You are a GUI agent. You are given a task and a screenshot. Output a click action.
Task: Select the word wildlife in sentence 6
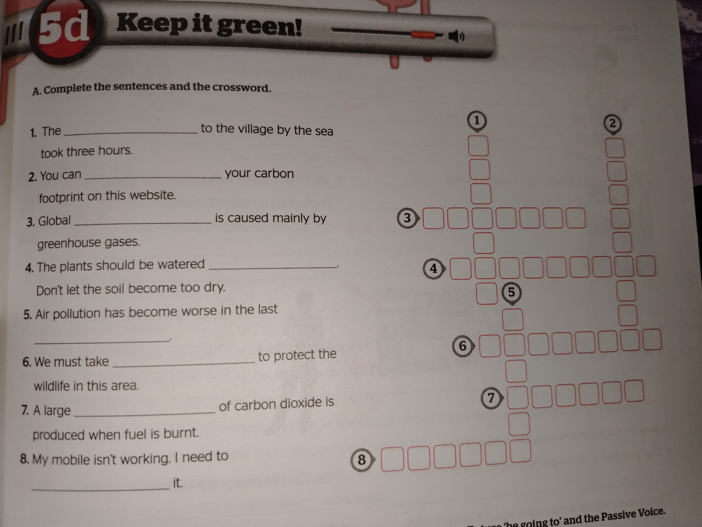point(52,386)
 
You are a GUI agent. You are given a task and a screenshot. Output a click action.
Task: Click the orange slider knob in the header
point(423,35)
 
